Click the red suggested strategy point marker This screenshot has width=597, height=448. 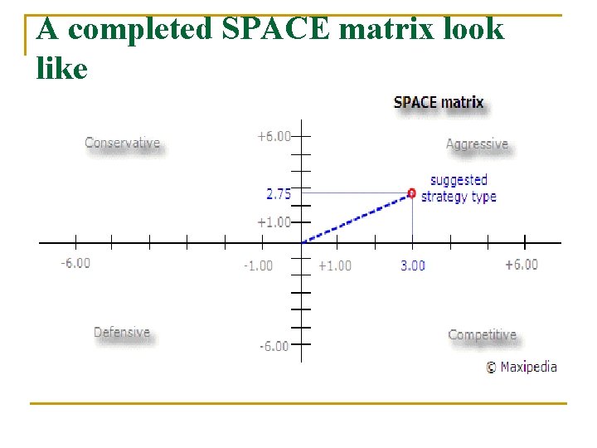412,192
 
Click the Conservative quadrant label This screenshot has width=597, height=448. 123,143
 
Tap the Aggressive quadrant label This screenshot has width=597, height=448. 477,144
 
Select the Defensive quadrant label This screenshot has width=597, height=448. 122,333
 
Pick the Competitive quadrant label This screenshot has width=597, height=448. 482,335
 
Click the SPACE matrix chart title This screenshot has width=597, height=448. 439,103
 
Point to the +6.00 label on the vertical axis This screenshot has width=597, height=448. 274,136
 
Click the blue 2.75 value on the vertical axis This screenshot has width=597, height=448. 279,194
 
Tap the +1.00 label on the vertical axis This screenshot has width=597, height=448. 274,222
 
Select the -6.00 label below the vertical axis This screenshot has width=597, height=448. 273,346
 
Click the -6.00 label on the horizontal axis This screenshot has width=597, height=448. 75,263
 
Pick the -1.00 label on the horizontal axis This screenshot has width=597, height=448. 257,265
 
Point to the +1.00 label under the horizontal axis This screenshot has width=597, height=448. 335,265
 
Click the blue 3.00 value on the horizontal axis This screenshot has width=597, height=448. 413,265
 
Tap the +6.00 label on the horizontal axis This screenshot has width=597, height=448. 522,265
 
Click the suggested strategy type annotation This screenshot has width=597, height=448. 459,188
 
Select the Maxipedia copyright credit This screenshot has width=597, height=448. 522,367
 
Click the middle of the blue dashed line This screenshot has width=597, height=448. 357,217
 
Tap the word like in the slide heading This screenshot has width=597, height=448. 62,68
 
